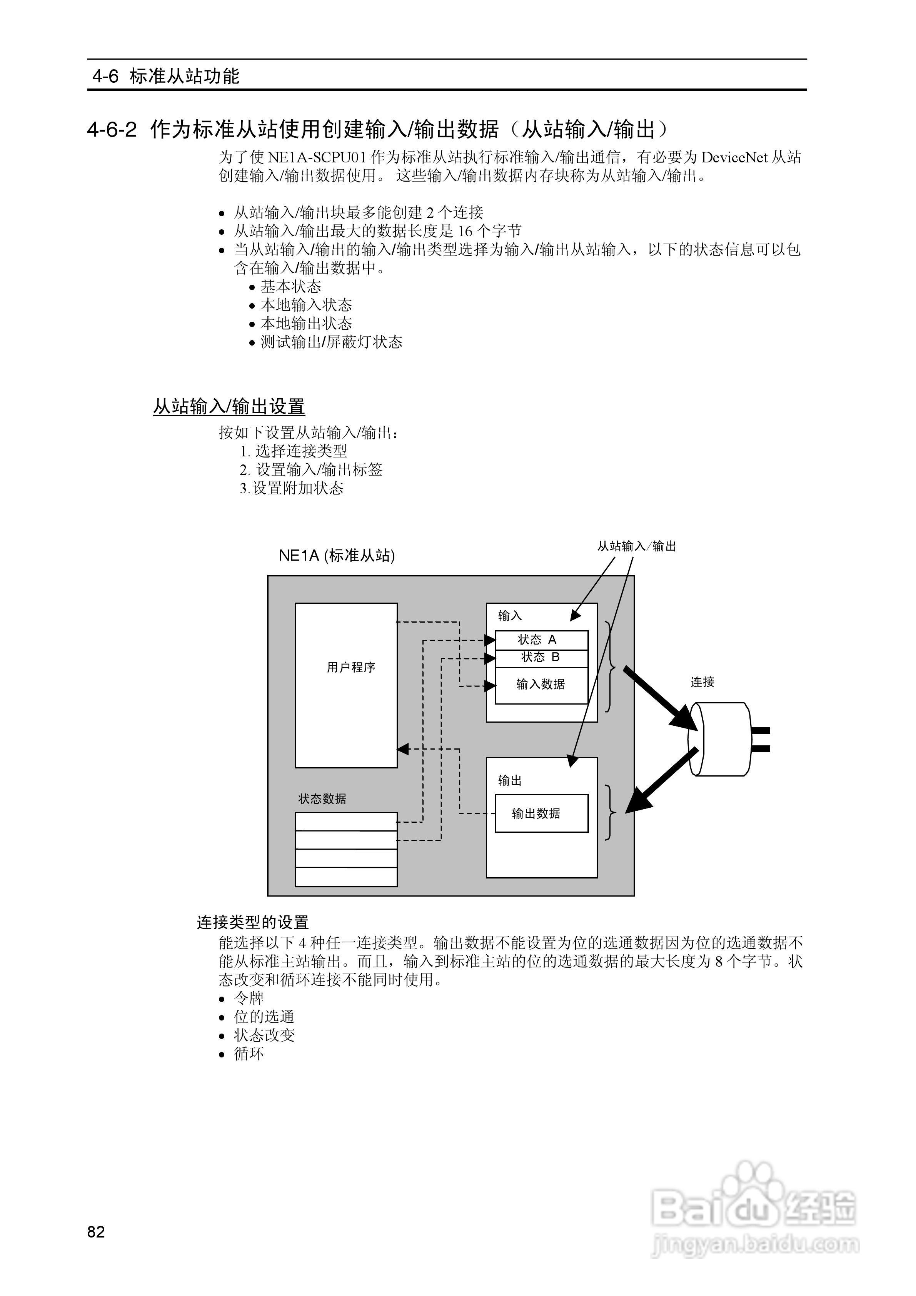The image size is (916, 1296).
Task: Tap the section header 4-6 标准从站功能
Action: [x=166, y=76]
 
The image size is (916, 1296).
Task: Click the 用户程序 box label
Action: [x=350, y=667]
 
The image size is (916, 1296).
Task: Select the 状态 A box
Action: [x=541, y=640]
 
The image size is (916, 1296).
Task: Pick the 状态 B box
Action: [x=541, y=657]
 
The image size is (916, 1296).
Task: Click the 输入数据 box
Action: [x=541, y=684]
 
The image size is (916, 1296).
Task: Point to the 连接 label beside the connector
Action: [x=702, y=682]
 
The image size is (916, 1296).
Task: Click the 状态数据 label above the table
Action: [x=322, y=799]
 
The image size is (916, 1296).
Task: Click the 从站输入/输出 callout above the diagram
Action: [x=637, y=546]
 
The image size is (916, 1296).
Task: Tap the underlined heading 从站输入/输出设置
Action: [x=229, y=406]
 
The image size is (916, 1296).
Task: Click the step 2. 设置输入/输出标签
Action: [x=311, y=469]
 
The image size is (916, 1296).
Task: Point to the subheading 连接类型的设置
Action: [x=253, y=922]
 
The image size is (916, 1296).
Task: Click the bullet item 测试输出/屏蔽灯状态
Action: [x=331, y=342]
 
